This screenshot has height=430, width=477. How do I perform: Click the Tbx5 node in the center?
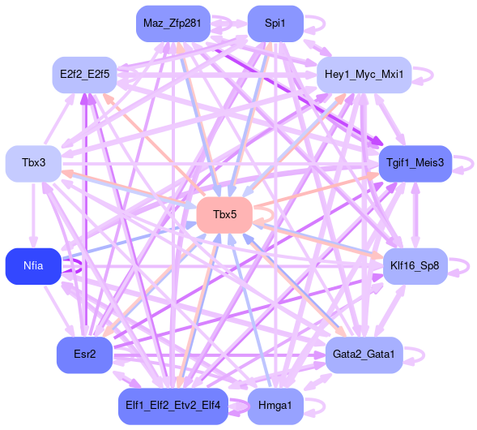click(x=224, y=215)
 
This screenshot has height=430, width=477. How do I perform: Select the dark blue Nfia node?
click(x=33, y=266)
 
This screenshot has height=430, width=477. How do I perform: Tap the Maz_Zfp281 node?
click(x=173, y=24)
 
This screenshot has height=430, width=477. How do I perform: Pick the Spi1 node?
click(x=275, y=24)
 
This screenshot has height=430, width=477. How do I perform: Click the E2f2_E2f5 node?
click(x=84, y=75)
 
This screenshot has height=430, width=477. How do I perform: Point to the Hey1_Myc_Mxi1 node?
click(x=364, y=75)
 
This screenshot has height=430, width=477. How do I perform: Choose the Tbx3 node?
click(x=33, y=164)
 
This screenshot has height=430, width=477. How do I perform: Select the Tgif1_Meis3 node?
click(x=415, y=164)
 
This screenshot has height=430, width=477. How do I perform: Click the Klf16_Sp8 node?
click(x=415, y=266)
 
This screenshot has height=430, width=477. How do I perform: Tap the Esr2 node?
click(x=84, y=355)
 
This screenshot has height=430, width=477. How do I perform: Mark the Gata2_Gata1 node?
click(x=364, y=355)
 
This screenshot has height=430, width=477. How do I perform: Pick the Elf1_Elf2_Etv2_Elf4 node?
click(x=173, y=406)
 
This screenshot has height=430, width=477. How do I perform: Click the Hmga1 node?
click(x=275, y=406)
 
